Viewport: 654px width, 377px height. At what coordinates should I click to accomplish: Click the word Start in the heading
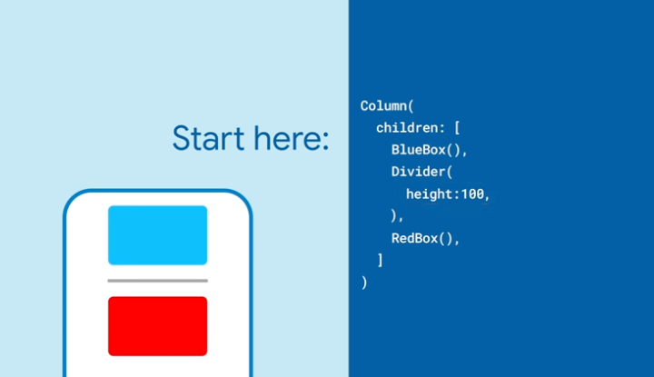tap(208, 138)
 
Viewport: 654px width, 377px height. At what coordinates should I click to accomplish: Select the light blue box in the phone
tap(158, 235)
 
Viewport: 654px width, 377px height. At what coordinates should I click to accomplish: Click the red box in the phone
tap(158, 326)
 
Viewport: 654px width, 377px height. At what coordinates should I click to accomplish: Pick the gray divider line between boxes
tap(158, 281)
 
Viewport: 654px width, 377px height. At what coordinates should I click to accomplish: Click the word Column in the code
tap(383, 106)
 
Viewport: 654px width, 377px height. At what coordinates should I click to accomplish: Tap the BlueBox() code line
tap(429, 150)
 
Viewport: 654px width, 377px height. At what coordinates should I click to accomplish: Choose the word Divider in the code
tap(419, 172)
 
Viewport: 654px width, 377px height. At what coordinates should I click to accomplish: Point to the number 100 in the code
tap(472, 193)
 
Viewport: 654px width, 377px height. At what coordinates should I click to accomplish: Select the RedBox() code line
tap(425, 239)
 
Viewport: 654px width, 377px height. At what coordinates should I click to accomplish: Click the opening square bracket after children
tap(457, 128)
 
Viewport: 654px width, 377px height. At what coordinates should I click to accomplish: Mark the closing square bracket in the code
tap(380, 260)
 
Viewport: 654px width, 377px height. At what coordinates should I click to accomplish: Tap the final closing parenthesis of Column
tap(364, 283)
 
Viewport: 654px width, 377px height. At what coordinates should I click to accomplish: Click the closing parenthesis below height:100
tap(393, 215)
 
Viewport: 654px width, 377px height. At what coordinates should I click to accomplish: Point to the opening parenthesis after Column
tap(411, 106)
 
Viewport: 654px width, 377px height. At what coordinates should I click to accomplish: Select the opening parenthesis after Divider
tap(450, 172)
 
